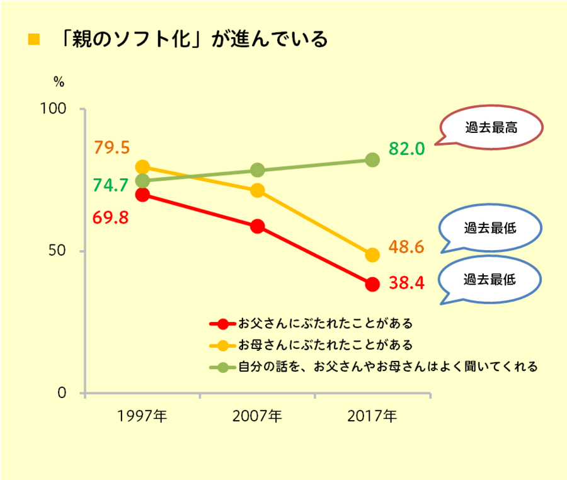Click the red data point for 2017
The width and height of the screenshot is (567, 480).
[372, 284]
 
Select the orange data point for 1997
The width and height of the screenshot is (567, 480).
[142, 167]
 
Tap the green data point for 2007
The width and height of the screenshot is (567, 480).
[257, 170]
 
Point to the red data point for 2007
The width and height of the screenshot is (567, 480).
[257, 226]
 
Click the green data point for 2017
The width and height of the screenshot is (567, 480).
[372, 160]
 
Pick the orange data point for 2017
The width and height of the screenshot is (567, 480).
[372, 255]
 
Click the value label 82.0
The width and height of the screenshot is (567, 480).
[406, 149]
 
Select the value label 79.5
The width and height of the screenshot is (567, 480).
[112, 148]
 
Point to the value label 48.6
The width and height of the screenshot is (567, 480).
[406, 247]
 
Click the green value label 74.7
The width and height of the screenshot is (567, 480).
[111, 185]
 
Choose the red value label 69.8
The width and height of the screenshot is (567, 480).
[111, 218]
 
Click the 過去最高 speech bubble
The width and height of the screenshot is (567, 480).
[491, 127]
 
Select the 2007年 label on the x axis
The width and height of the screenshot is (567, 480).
[257, 416]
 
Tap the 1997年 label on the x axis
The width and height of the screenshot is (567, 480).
[142, 416]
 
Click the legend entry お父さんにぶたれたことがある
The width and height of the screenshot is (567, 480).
[325, 324]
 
